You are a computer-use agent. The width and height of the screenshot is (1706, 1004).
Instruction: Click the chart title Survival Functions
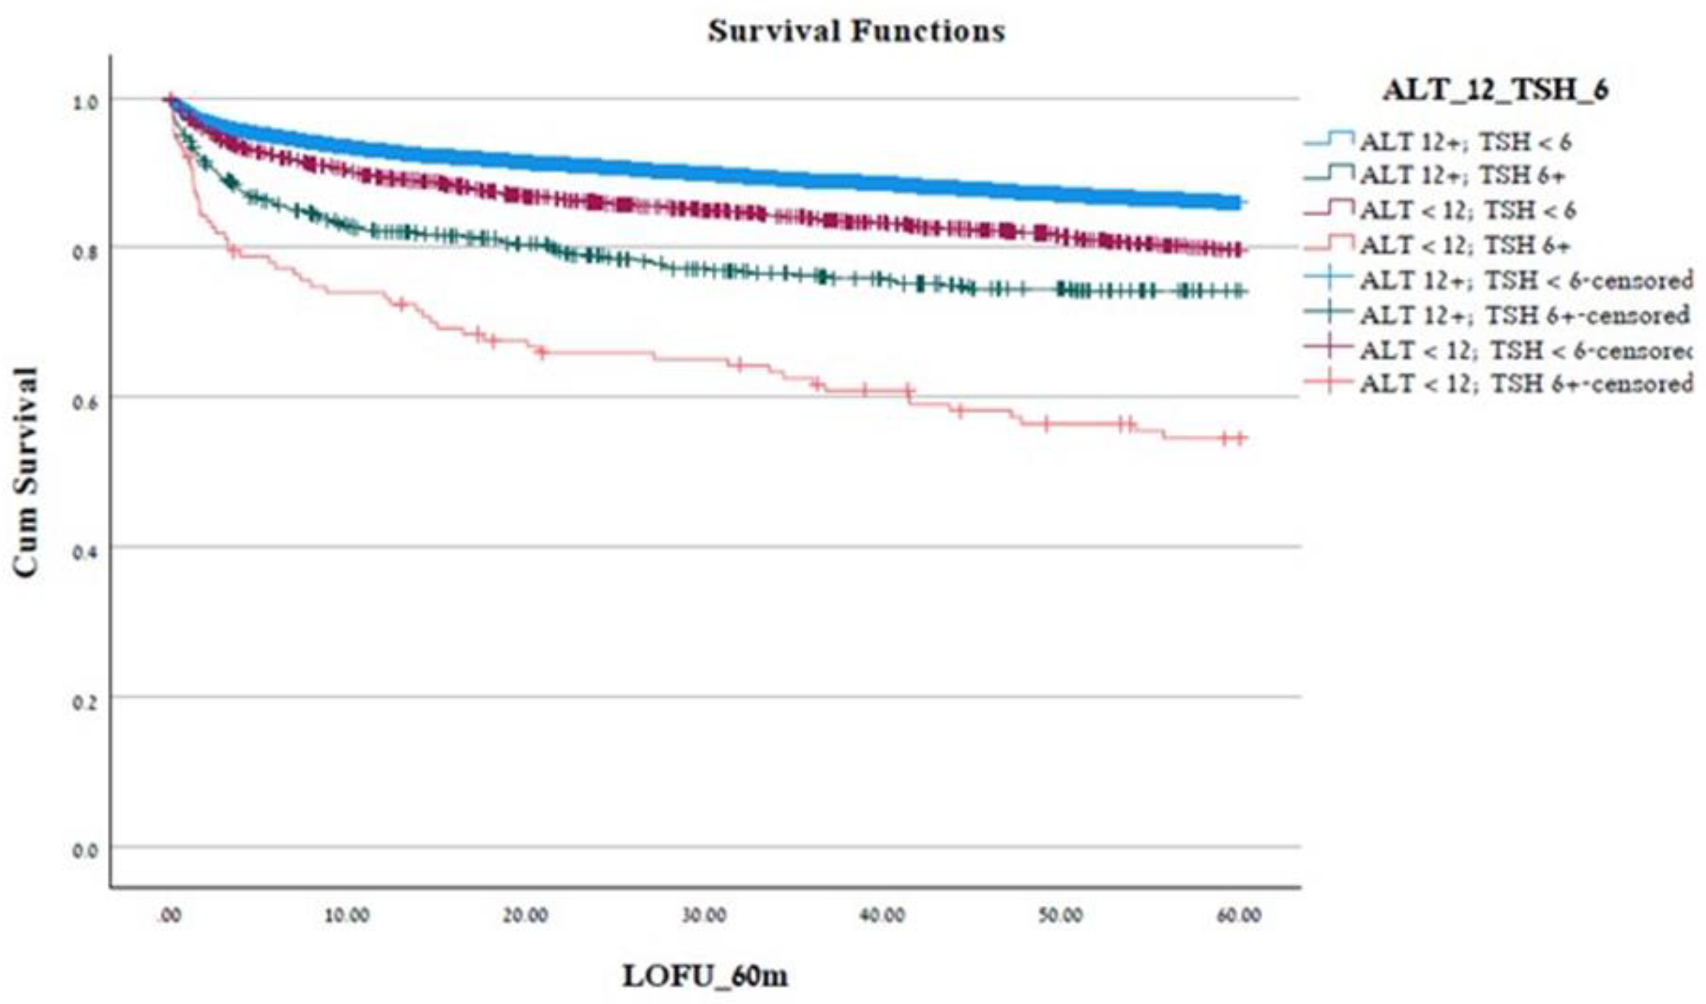[856, 31]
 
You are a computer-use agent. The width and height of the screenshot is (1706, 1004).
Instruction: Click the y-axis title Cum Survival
[25, 472]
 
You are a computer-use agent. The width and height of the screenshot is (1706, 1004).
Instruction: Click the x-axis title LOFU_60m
[704, 976]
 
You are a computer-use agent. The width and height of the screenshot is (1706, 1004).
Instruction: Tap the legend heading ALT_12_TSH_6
[1495, 90]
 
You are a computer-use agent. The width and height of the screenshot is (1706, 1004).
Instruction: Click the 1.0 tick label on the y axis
[85, 101]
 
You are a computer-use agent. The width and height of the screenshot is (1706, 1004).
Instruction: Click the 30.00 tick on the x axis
[704, 915]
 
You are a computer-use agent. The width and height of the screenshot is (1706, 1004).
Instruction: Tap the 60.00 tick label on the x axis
[1239, 915]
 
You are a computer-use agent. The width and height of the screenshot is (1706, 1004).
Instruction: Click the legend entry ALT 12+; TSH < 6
[1465, 142]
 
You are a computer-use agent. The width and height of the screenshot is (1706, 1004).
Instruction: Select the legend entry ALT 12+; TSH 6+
[1462, 175]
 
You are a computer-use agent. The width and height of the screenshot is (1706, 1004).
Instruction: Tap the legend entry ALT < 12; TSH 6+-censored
[1525, 384]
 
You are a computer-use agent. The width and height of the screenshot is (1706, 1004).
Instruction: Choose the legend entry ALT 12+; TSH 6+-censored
[1523, 315]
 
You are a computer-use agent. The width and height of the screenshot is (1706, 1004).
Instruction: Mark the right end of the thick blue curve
[1240, 202]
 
